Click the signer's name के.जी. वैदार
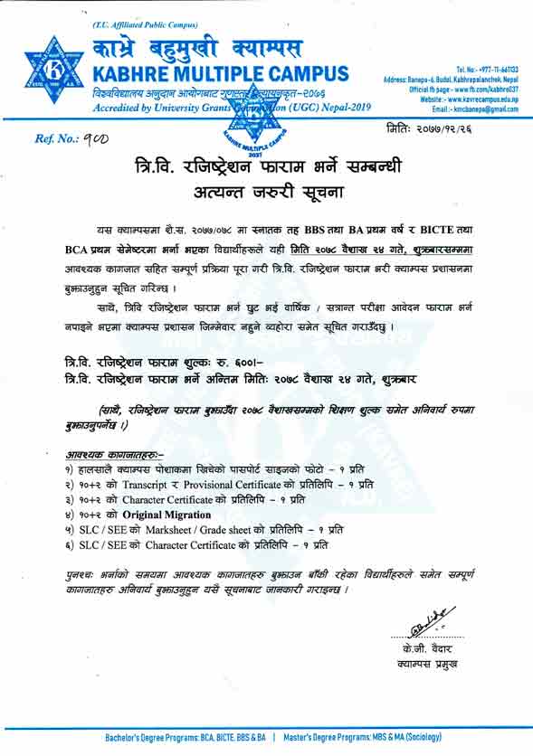[x=424, y=651]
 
